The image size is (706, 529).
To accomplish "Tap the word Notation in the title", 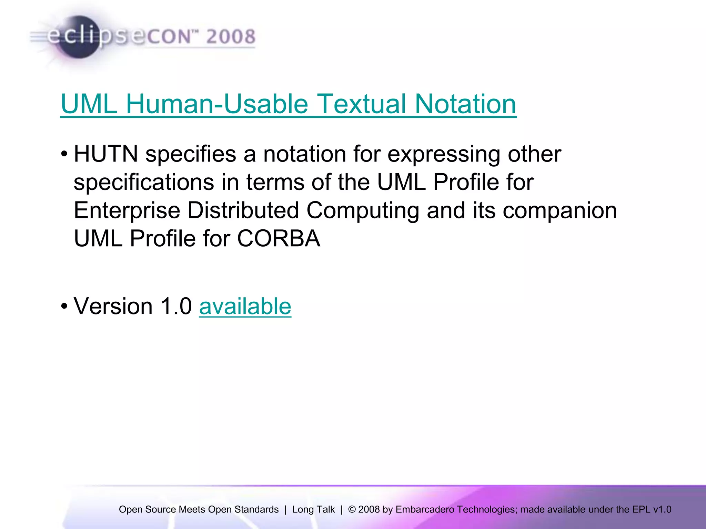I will point(465,104).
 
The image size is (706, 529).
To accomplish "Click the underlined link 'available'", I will point(245,306).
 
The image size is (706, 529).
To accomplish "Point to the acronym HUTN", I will point(106,154).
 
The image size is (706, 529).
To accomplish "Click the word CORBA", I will point(279,238).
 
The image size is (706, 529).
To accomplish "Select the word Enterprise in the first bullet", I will point(127,210).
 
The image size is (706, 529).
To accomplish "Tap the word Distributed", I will point(243,210).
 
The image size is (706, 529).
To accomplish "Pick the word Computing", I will point(363,210).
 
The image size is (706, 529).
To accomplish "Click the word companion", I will point(559,210).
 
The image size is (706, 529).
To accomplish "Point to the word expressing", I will point(444,154).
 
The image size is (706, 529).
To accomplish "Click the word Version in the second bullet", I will point(113,306).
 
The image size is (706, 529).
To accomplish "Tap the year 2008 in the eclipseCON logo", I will point(231,37).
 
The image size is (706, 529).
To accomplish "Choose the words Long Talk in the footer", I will point(313,509).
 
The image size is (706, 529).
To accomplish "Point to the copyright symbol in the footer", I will point(352,509).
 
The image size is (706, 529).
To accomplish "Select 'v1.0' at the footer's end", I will point(662,509).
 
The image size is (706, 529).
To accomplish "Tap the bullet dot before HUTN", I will point(64,154).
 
